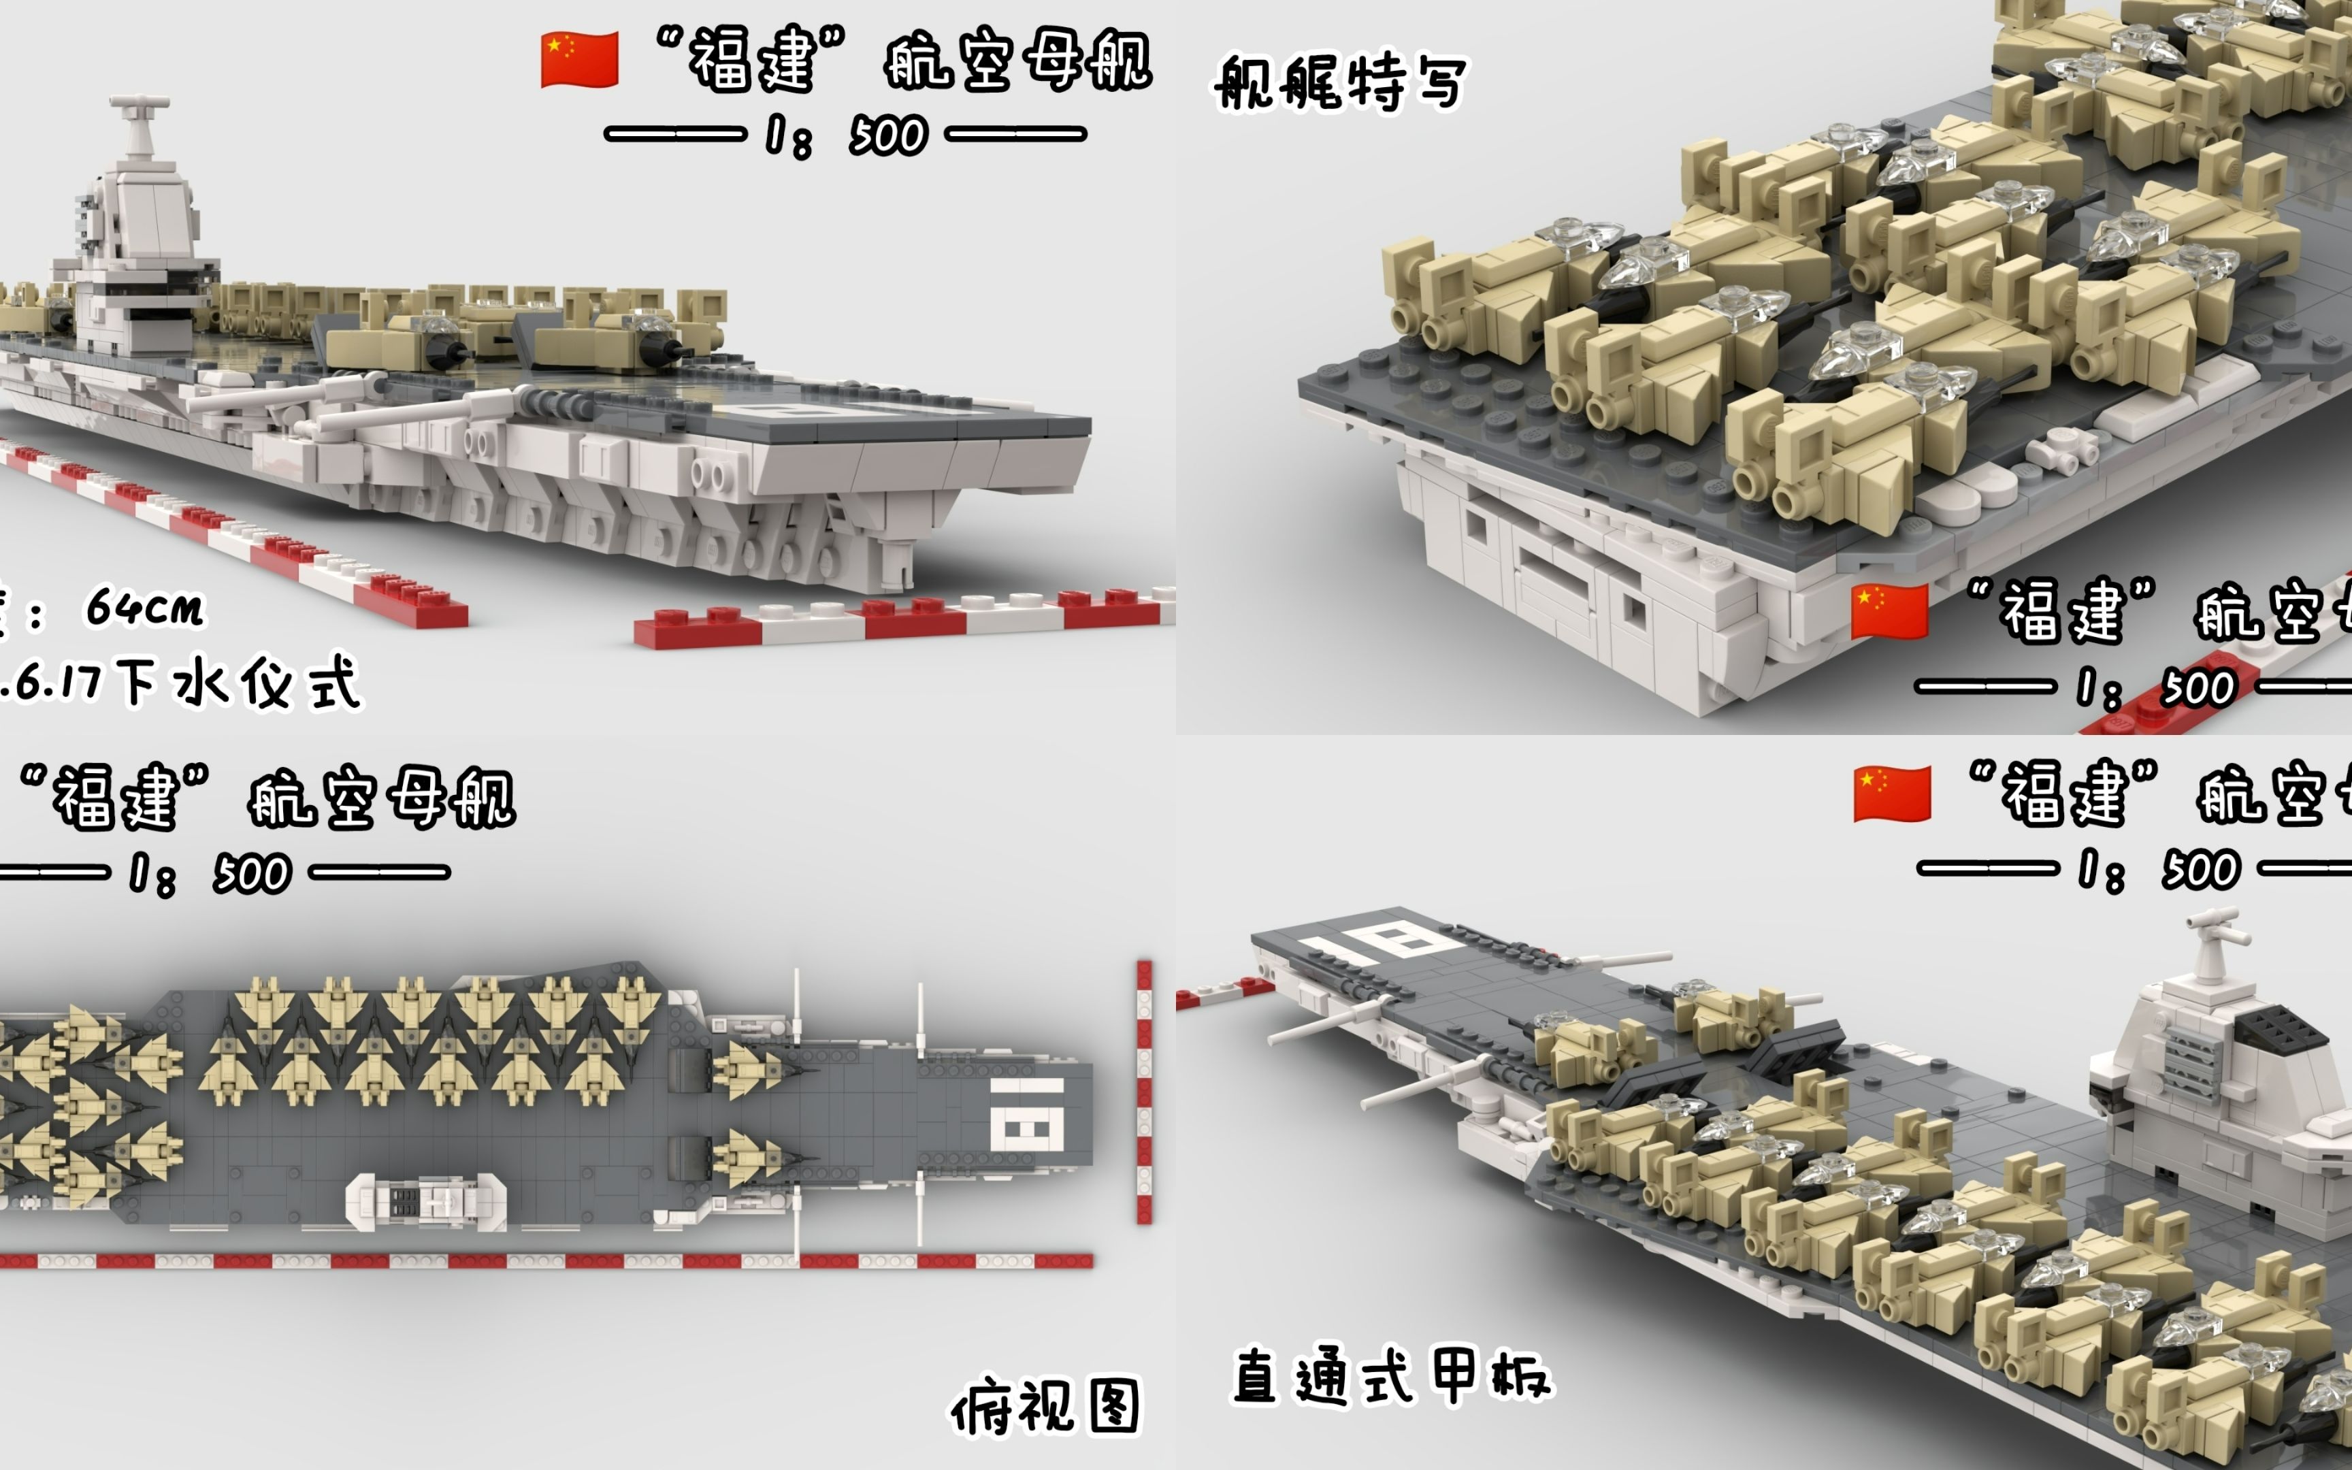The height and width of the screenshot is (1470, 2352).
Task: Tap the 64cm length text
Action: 146,608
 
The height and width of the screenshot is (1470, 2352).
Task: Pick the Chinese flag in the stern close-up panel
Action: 1889,612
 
